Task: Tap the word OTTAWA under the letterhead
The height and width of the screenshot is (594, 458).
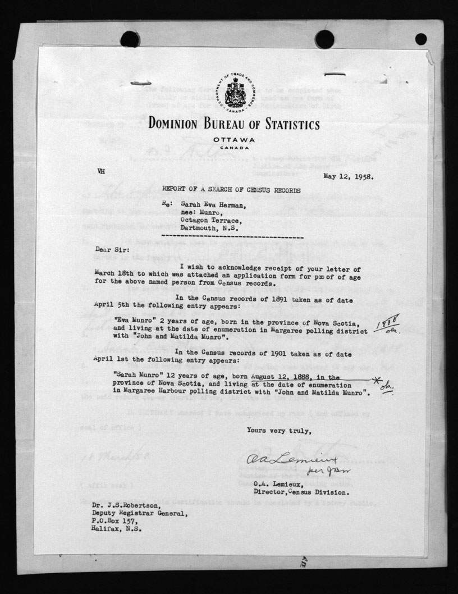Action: [234, 139]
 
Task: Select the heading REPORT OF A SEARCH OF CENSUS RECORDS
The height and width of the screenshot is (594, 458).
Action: [227, 190]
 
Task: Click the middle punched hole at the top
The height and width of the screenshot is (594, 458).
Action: [324, 39]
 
